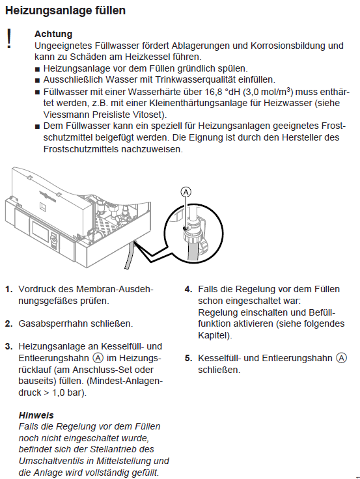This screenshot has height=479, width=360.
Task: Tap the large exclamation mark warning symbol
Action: tap(9, 38)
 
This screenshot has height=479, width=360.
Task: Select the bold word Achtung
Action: tap(53, 34)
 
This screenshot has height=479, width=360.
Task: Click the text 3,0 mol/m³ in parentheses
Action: tap(267, 92)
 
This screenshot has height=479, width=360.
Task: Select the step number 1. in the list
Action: tap(8, 289)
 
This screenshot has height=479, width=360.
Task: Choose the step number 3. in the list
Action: tap(8, 346)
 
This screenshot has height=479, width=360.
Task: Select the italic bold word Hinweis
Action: tap(36, 415)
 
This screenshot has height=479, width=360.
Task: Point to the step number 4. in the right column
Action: tap(187, 289)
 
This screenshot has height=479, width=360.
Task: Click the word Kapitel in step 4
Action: tap(212, 335)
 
